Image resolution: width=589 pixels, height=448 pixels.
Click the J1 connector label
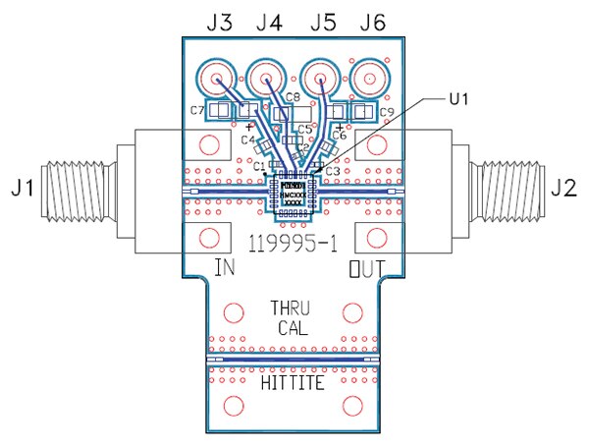coord(23,186)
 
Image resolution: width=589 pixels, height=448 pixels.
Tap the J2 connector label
coord(566,186)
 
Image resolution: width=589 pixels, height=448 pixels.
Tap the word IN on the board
coord(224,265)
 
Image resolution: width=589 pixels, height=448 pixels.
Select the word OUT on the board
coord(367,265)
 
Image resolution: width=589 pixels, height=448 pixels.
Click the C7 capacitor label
coord(197,110)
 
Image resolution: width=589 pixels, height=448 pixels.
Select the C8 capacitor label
coord(293,95)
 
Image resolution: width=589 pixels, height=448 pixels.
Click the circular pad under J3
coord(214,78)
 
